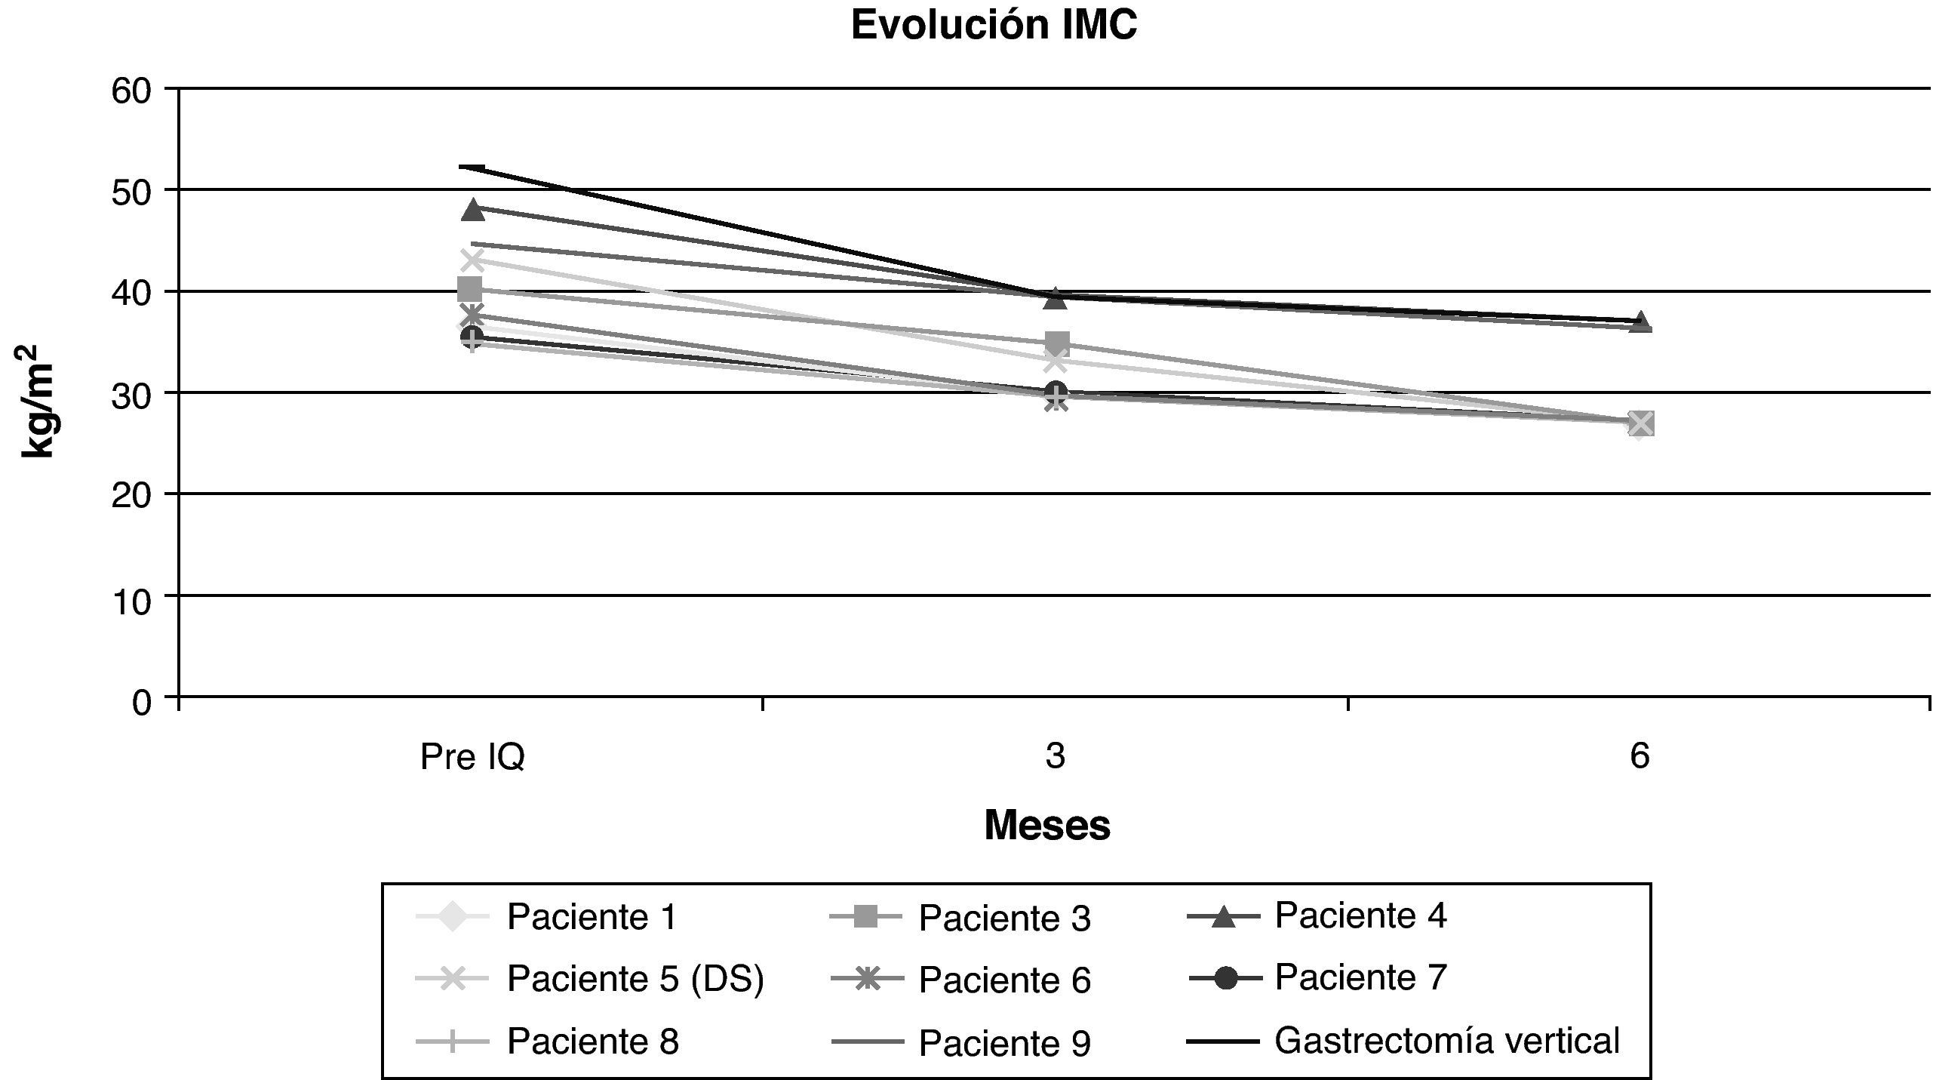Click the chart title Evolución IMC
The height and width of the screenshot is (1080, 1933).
[994, 26]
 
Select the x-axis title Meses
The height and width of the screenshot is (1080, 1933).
[1047, 826]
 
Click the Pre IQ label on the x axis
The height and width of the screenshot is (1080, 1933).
[472, 757]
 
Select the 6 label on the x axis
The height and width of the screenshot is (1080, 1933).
[1640, 756]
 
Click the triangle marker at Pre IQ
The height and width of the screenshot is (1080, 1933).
[473, 211]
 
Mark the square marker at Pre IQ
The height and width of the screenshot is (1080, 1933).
[469, 288]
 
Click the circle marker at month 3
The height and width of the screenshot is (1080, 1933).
[1056, 392]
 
